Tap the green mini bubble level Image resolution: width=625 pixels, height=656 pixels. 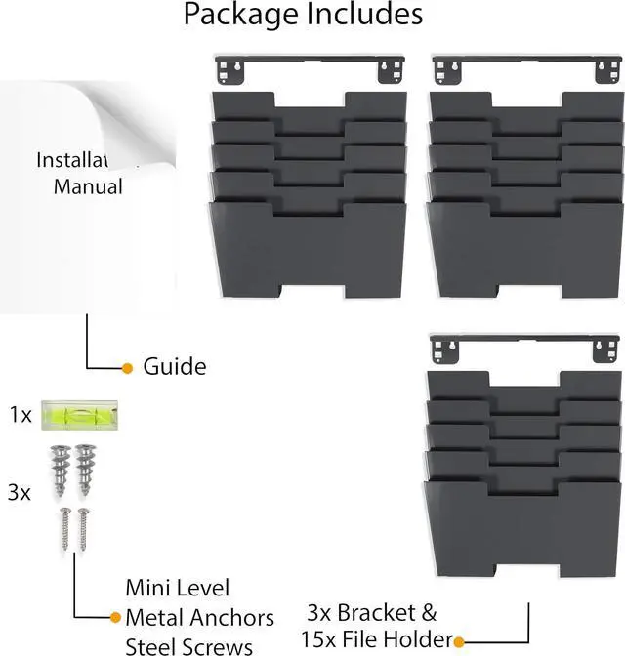72,415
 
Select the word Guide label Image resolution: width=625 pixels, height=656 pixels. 175,367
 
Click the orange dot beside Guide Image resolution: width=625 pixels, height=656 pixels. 127,368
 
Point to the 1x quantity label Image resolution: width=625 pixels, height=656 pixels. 21,415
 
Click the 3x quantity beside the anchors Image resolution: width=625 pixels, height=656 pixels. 19,493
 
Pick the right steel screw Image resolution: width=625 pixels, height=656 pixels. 83,527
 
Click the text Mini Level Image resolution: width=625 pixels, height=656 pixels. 178,588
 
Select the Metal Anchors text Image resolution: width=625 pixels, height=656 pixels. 199,617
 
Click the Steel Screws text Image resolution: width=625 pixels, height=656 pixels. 189,644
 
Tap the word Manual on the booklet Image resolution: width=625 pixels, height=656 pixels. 88,186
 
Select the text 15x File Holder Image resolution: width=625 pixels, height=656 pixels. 376,640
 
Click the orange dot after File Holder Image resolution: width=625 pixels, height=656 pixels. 458,641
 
